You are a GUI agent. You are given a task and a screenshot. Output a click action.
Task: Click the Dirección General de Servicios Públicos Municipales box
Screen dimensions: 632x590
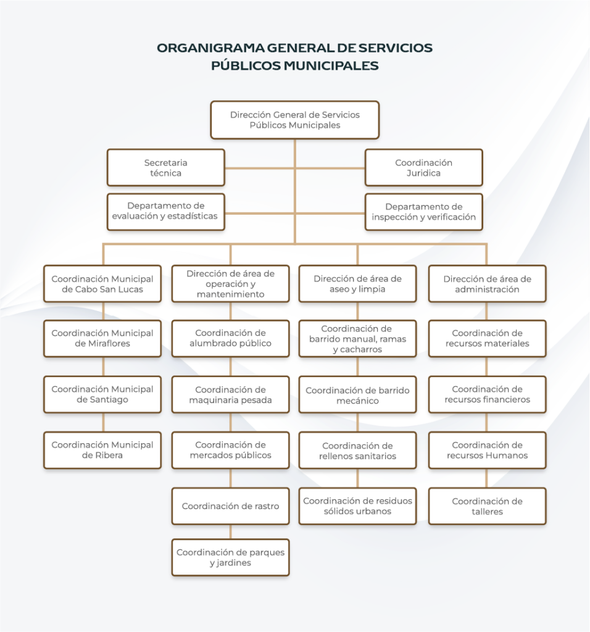point(294,120)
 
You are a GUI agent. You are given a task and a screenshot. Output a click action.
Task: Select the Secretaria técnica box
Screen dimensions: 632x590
point(165,168)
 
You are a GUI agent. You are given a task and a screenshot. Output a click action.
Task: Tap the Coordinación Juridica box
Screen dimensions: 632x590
point(423,168)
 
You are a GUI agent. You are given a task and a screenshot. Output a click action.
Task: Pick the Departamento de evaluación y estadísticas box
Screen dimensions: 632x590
point(165,212)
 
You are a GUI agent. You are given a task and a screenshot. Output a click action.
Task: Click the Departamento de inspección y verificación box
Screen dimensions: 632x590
point(423,212)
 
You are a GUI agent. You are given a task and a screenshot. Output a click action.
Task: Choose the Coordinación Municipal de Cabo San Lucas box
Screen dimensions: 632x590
point(102,284)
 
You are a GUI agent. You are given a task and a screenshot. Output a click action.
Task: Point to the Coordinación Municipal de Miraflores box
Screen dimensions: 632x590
point(102,338)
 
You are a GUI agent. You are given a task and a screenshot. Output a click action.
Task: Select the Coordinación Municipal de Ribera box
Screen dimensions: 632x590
point(102,450)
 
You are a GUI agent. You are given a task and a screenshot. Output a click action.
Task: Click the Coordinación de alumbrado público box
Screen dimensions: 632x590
point(230,338)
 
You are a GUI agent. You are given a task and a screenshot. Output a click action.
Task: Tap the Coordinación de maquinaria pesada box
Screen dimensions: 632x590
point(230,394)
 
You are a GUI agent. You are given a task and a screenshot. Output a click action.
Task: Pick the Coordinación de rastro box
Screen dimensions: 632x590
point(230,506)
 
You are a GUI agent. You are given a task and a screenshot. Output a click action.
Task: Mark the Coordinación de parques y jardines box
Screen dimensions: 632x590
point(230,557)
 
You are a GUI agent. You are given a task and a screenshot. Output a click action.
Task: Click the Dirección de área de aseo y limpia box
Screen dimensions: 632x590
point(357,284)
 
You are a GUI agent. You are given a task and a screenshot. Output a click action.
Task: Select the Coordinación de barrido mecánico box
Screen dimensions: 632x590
point(357,395)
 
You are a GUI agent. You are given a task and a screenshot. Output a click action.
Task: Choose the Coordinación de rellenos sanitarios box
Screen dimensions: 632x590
point(357,451)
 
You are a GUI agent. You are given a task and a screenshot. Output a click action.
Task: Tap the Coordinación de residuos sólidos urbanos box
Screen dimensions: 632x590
point(357,506)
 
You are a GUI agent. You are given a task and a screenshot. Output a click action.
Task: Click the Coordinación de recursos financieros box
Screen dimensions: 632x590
point(487,394)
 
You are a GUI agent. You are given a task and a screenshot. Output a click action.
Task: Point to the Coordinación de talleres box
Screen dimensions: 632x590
point(487,506)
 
